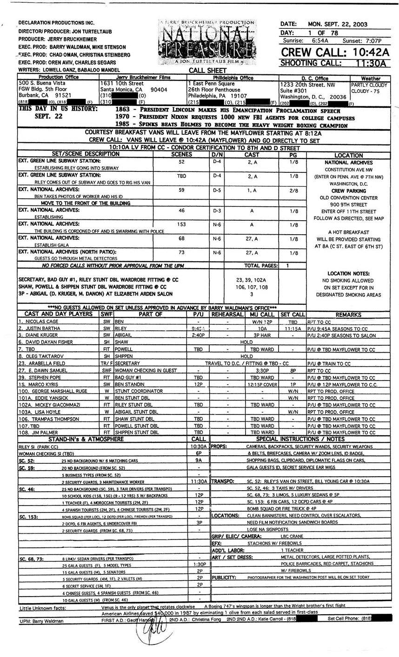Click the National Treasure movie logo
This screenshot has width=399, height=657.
coord(207,43)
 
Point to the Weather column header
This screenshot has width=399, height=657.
coord(371,79)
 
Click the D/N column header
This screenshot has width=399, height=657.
coord(217,155)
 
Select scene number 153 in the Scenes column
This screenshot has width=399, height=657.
coord(181,225)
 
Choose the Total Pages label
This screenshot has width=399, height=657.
coord(261,266)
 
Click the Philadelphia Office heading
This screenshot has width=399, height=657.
coord(233,79)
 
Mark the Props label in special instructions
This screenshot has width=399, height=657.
coord(219,446)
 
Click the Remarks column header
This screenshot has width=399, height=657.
coord(348,315)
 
